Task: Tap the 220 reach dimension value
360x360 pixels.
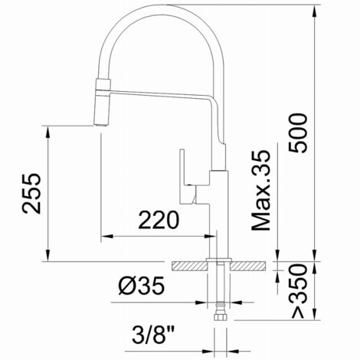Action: coord(159,220)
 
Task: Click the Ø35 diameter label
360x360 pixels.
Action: coord(142,286)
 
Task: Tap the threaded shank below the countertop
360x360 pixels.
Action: coord(220,287)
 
